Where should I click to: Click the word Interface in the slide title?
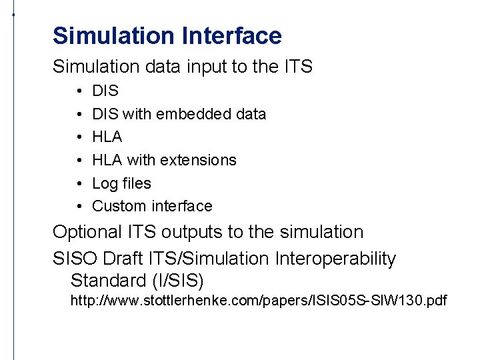(230, 36)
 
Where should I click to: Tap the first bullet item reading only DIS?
(105, 91)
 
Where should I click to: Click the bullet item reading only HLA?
(107, 137)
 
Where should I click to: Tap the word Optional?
(87, 233)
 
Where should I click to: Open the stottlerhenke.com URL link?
(259, 301)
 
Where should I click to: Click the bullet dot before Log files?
(79, 183)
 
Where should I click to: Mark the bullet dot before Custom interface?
(79, 206)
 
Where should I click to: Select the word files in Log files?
(136, 183)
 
